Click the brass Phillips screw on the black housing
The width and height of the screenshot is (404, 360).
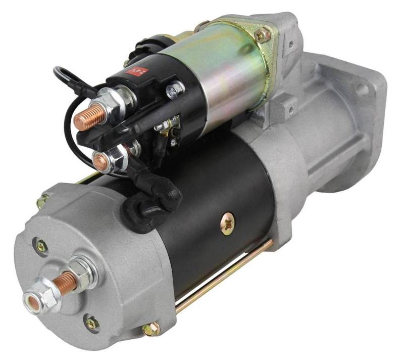(x=228, y=222)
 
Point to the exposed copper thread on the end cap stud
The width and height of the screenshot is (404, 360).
(x=66, y=280)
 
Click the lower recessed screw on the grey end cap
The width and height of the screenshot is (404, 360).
(x=91, y=322)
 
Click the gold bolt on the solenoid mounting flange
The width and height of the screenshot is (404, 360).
(x=262, y=35)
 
